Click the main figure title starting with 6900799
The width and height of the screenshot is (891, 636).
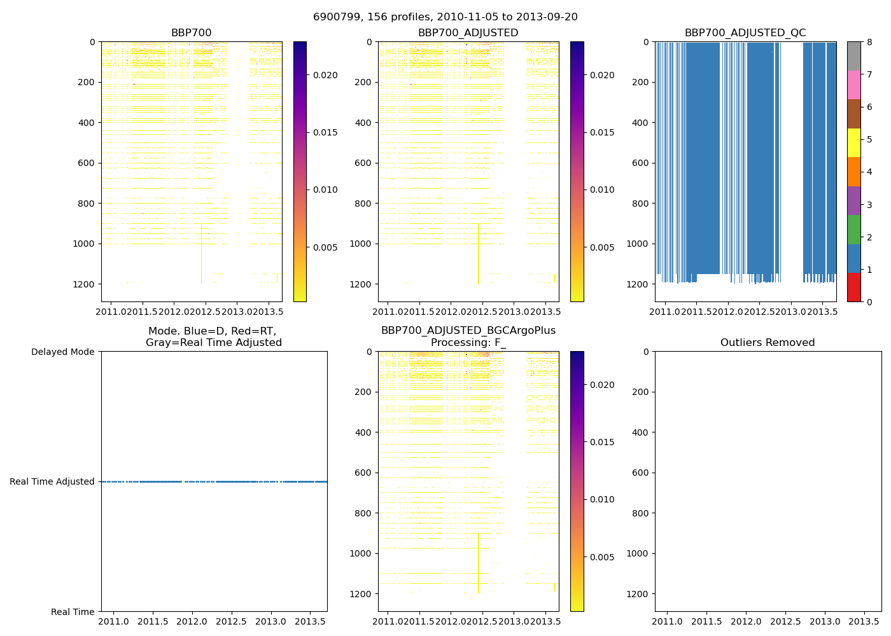(x=445, y=17)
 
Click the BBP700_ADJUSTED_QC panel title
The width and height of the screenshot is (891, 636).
(x=745, y=33)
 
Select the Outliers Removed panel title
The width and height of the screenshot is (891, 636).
(x=768, y=343)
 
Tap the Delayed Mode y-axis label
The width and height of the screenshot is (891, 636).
(x=62, y=352)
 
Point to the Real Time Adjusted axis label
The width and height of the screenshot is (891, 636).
(x=52, y=481)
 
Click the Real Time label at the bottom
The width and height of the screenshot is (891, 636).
(x=73, y=612)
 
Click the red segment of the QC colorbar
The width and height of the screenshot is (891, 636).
(x=853, y=287)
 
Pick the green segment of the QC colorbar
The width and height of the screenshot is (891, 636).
(x=853, y=230)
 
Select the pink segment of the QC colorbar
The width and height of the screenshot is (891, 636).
(x=853, y=85)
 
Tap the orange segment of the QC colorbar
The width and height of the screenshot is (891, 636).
(x=853, y=172)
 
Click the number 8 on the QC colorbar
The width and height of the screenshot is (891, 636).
(x=869, y=43)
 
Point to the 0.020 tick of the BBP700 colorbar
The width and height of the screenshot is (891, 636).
(x=325, y=75)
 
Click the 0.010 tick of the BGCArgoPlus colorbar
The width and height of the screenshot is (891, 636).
(x=601, y=499)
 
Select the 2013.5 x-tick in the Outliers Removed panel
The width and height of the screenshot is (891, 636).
(x=864, y=621)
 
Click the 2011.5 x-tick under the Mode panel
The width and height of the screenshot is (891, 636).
(x=153, y=621)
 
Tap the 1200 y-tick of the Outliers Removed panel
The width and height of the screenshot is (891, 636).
(x=638, y=594)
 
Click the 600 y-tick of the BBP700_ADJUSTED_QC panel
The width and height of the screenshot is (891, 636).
(x=638, y=163)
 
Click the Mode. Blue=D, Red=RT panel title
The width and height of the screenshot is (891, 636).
(x=214, y=336)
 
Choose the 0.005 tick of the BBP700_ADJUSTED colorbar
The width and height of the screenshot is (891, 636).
(x=601, y=247)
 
